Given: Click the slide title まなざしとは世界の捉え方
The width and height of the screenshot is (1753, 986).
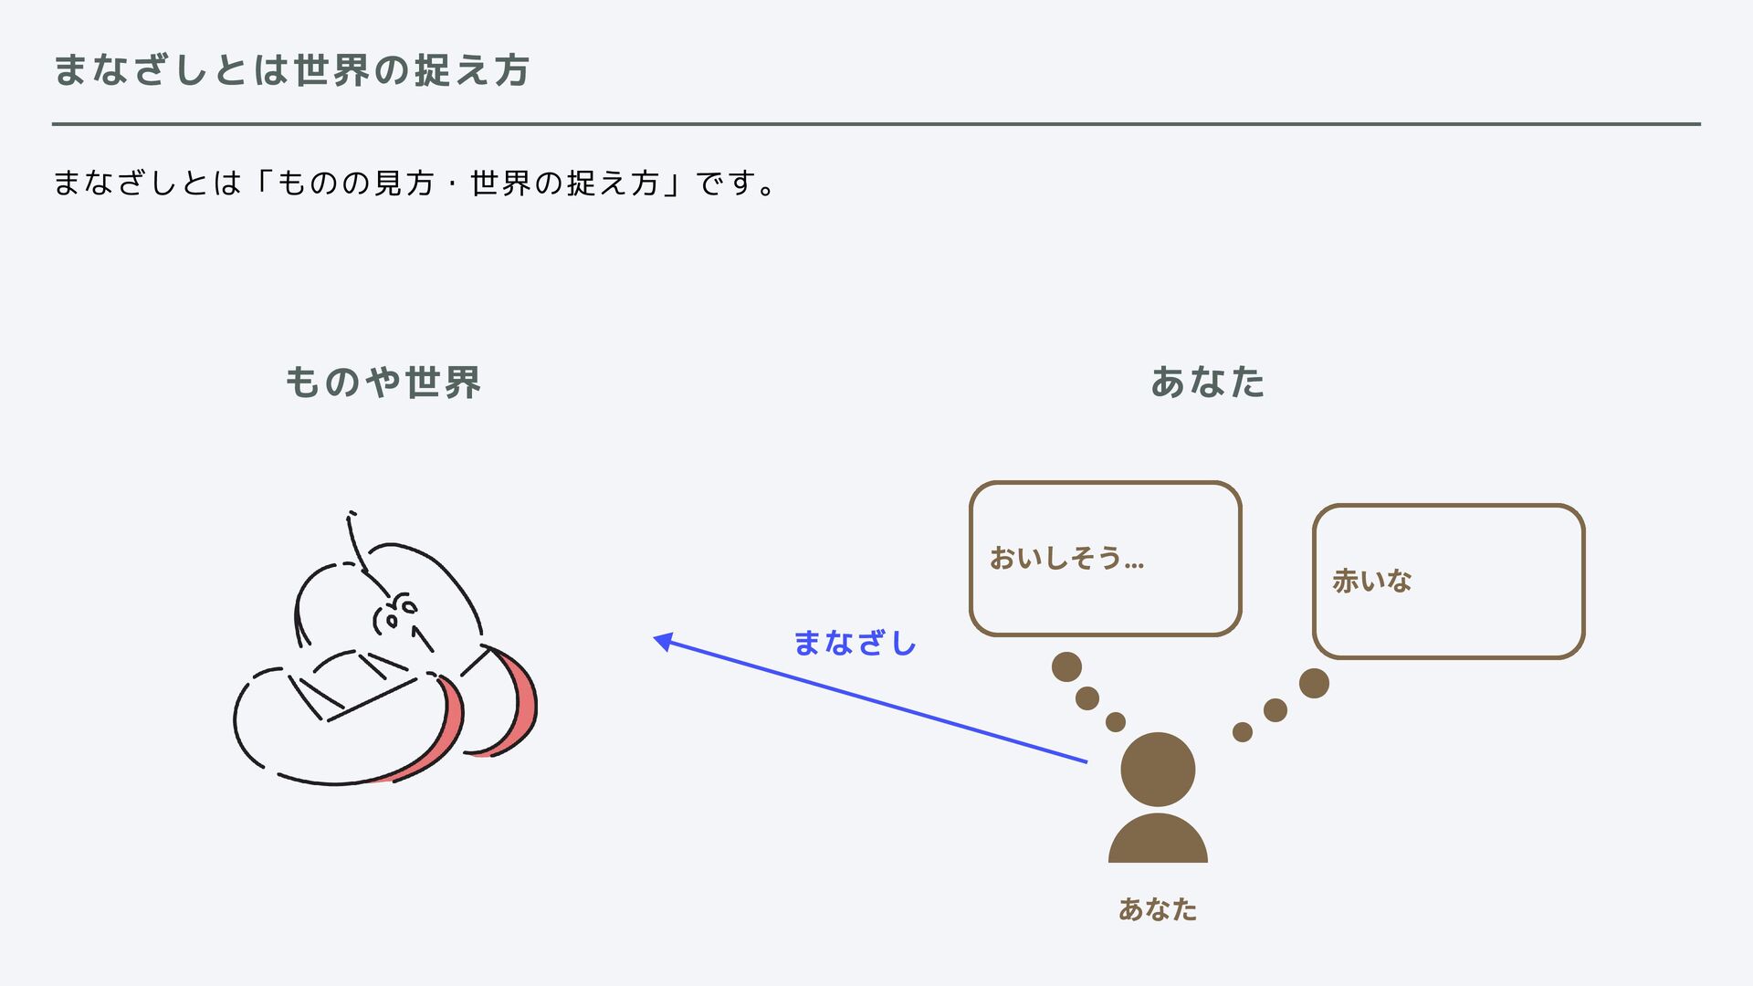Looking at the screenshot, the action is tap(291, 70).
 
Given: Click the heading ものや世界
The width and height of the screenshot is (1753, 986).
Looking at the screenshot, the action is tap(383, 383).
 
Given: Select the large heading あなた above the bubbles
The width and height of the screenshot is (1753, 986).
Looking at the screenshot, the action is tap(1207, 383).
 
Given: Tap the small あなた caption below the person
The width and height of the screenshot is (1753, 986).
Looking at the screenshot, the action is tap(1157, 909).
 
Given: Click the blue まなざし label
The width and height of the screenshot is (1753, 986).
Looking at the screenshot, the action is tap(855, 644).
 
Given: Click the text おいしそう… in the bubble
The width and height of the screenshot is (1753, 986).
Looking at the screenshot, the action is tap(1066, 558).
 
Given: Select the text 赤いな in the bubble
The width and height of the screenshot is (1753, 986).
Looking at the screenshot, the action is tap(1371, 581).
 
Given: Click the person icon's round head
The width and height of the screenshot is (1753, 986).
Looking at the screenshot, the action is tap(1158, 769).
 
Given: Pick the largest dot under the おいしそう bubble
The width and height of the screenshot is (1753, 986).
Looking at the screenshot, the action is tap(1066, 666).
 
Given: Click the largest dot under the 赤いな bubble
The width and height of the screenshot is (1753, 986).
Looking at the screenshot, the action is tap(1314, 683).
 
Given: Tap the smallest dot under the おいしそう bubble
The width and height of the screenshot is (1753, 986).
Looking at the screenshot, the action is tap(1116, 722).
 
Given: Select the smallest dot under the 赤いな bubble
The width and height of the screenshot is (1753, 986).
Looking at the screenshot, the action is tap(1243, 732).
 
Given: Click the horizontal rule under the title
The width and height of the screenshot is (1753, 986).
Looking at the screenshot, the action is tap(876, 124).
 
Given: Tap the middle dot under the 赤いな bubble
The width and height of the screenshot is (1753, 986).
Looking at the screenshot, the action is tap(1275, 710).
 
